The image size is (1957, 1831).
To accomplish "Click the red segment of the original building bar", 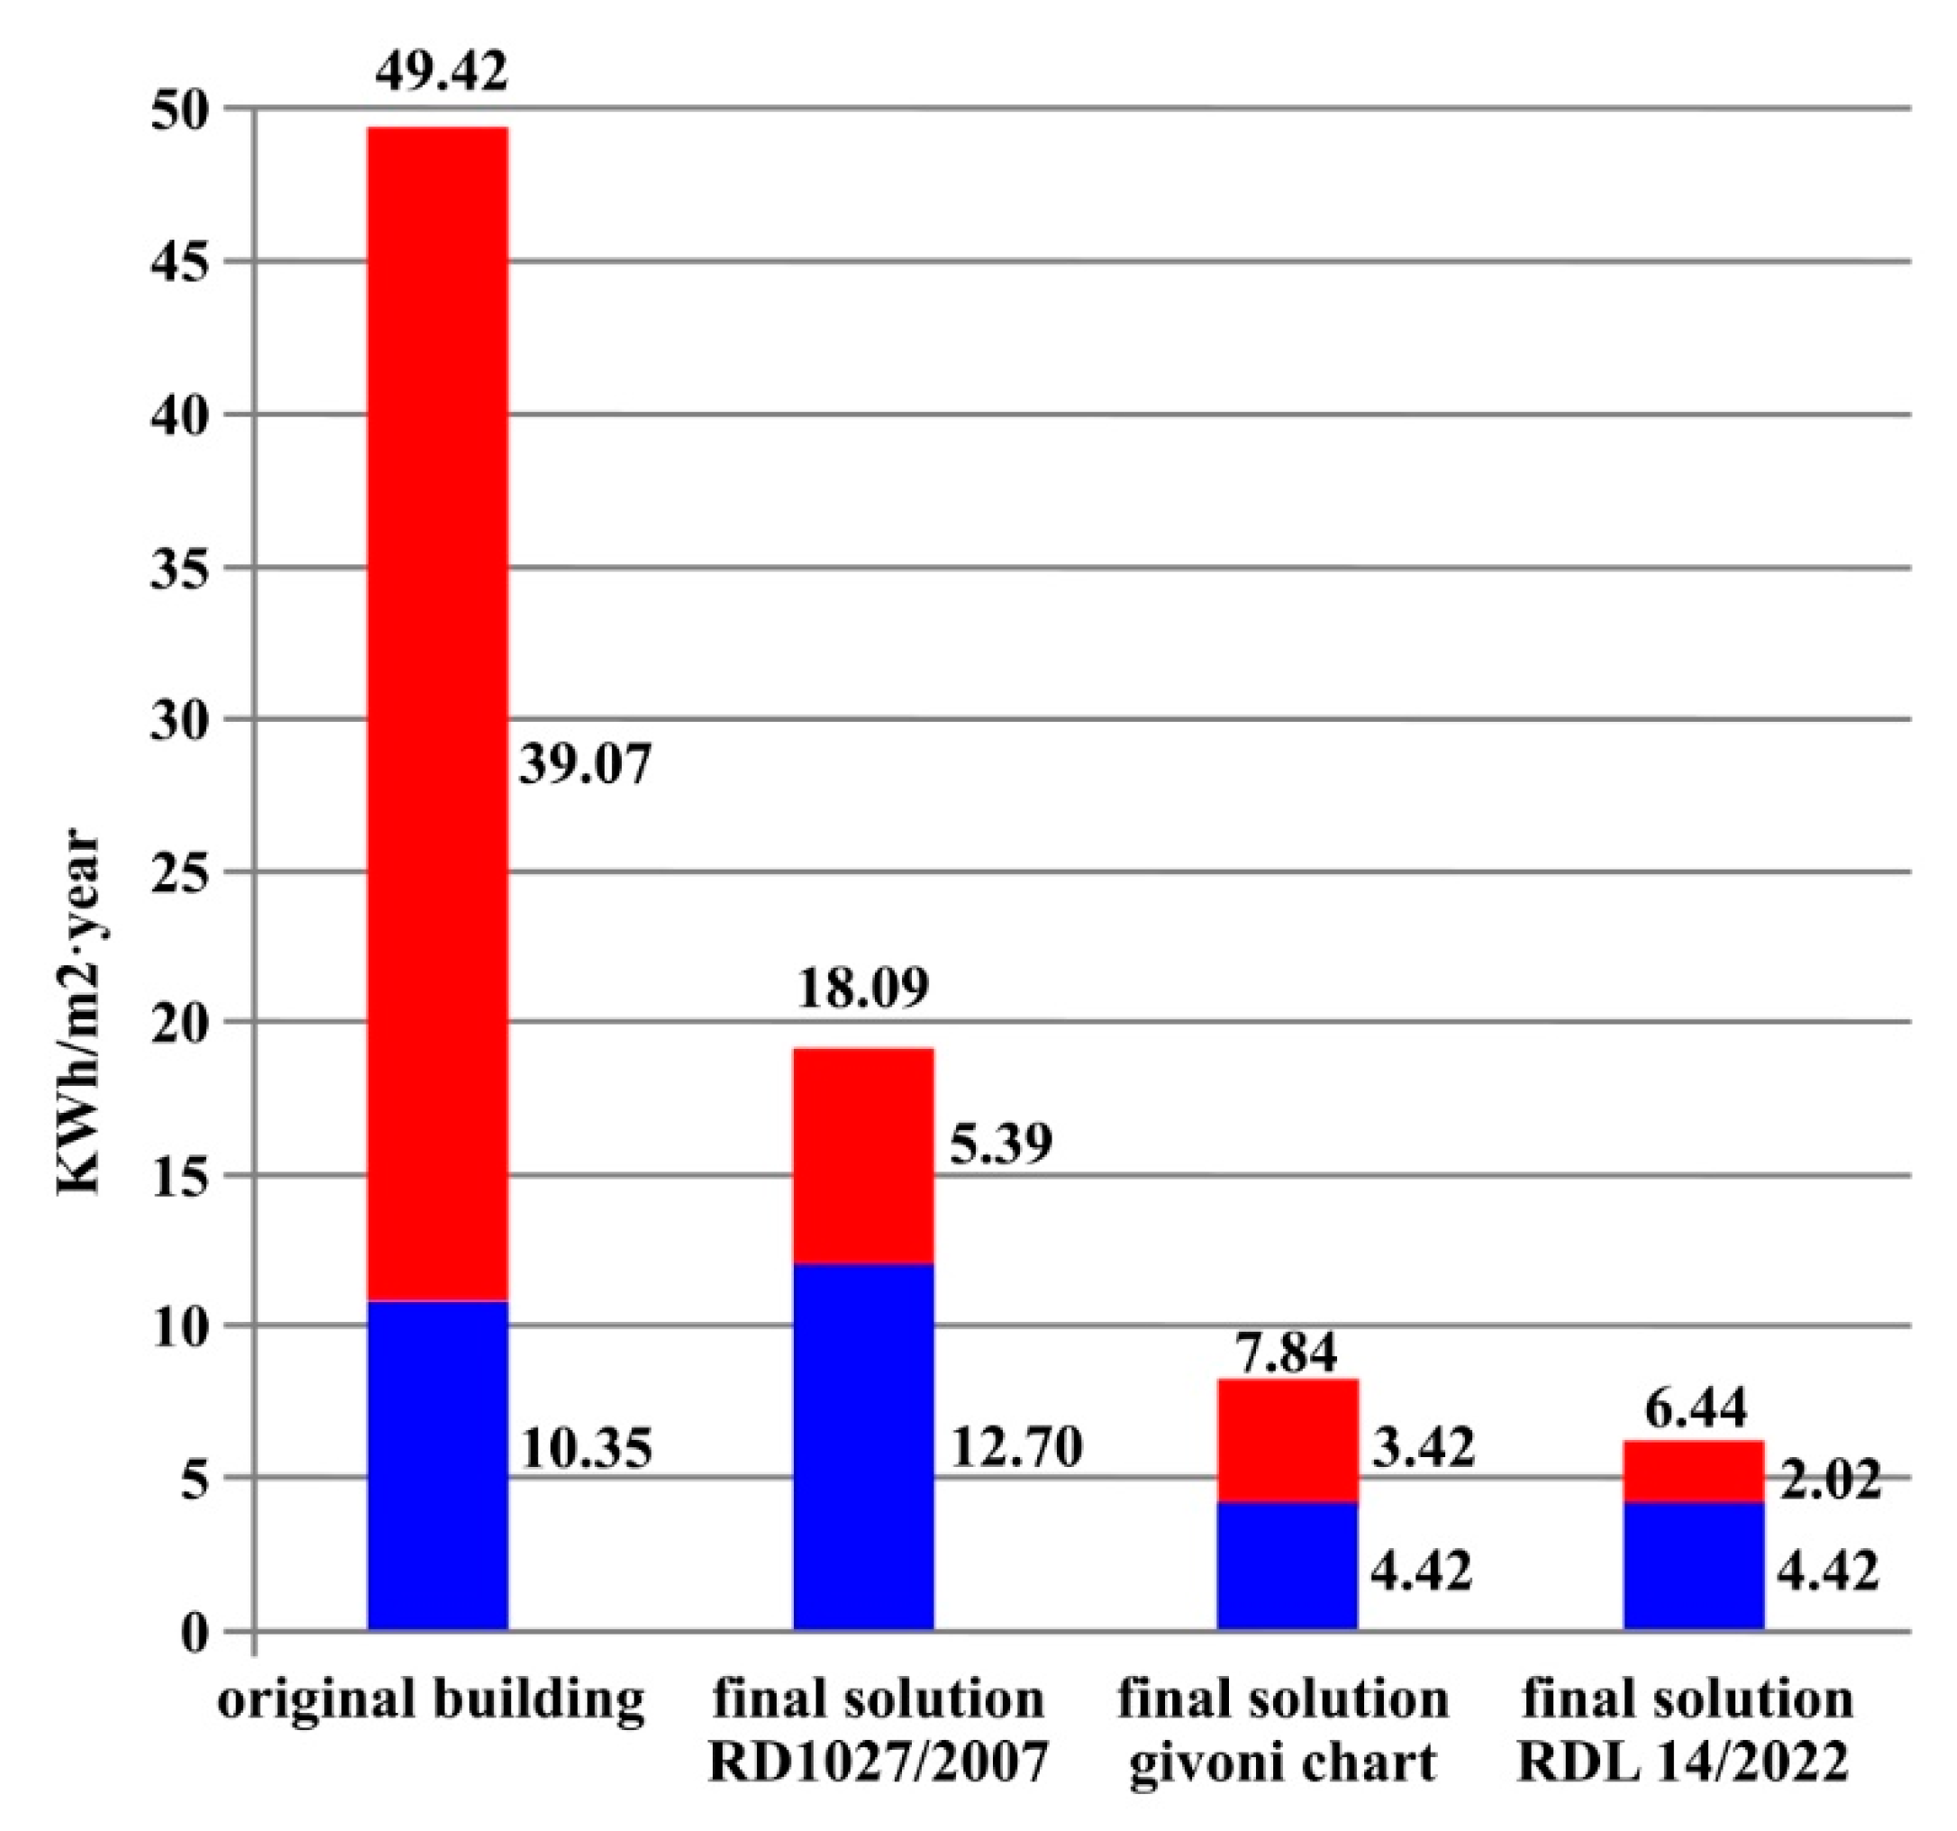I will coord(438,714).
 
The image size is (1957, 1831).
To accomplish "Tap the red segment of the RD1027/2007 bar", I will coord(863,1156).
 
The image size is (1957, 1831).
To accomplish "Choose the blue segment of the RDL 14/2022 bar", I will coord(1693,1565).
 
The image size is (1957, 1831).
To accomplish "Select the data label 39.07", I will coord(586,764).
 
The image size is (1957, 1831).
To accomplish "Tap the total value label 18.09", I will coord(863,988).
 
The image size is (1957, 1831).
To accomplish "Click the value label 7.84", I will coord(1287,1352).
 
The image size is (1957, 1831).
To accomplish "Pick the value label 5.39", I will coord(1001,1143).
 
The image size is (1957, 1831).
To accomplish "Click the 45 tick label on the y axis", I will coord(180,263).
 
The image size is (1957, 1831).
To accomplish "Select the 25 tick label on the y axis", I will coord(180,873).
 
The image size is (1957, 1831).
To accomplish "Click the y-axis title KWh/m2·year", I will coord(78,1014).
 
